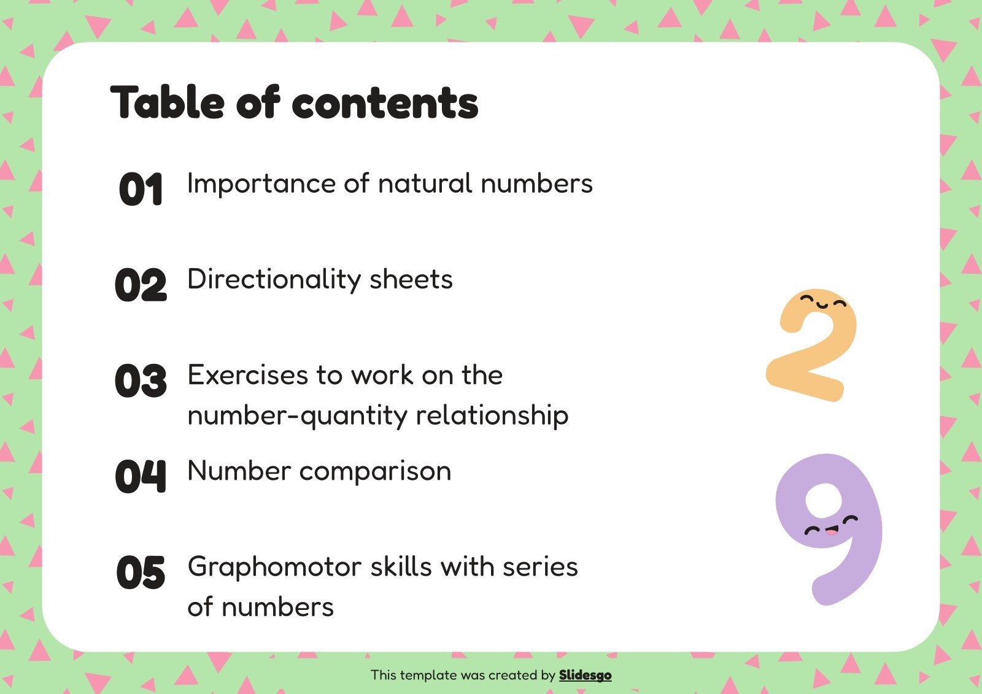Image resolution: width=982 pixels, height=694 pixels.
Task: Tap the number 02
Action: point(141,285)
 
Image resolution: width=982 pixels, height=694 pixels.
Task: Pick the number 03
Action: point(141,380)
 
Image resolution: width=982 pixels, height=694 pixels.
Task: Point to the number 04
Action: point(141,476)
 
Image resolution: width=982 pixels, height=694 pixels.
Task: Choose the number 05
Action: point(141,573)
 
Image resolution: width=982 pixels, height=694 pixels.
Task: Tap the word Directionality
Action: point(274,280)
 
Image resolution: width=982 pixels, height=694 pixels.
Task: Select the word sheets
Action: point(411,280)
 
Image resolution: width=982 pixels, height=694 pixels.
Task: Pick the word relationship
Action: point(492,416)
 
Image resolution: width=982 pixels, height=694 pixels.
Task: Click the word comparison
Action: point(375,471)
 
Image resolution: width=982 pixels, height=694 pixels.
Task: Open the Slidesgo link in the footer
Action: point(585,675)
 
